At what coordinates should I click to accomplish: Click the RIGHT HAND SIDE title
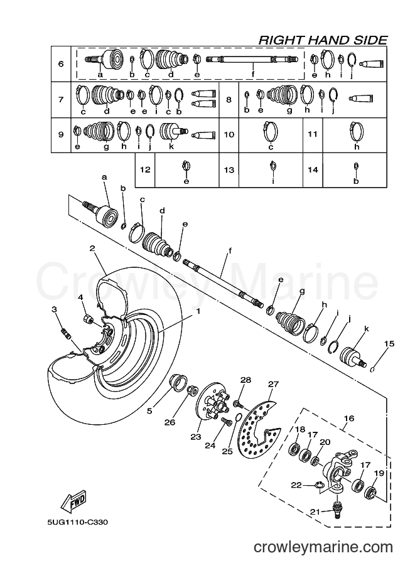pyautogui.click(x=323, y=40)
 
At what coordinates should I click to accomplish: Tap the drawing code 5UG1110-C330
pyautogui.click(x=77, y=523)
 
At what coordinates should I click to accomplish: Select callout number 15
pyautogui.click(x=389, y=343)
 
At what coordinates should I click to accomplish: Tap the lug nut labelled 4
pyautogui.click(x=88, y=318)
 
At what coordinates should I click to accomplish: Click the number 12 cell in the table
pyautogui.click(x=145, y=170)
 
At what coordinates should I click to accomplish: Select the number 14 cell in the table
pyautogui.click(x=313, y=170)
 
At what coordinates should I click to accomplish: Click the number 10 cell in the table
pyautogui.click(x=229, y=134)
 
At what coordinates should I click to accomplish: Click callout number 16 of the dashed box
pyautogui.click(x=349, y=418)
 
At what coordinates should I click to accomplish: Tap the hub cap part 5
pyautogui.click(x=176, y=383)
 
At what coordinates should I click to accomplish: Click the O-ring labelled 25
pyautogui.click(x=237, y=417)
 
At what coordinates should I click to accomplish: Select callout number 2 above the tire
pyautogui.click(x=92, y=248)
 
